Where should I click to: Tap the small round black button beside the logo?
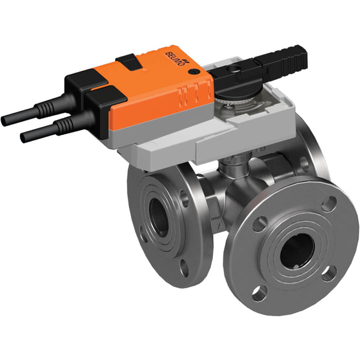coord(193,72)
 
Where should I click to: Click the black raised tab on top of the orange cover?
coord(127,60)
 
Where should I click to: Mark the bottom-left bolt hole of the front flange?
coord(259,293)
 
